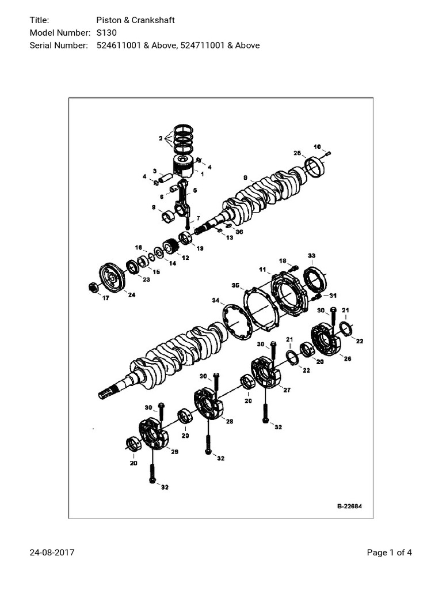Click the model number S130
click(x=106, y=33)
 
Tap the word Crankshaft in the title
click(x=154, y=21)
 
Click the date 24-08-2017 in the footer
click(x=52, y=553)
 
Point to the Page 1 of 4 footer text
click(x=389, y=553)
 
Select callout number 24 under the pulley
click(x=132, y=295)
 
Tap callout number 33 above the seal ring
click(x=311, y=255)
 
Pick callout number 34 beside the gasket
click(x=215, y=300)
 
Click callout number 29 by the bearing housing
click(x=175, y=452)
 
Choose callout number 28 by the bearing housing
click(x=229, y=422)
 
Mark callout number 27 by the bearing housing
click(x=287, y=390)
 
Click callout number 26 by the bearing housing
click(x=347, y=358)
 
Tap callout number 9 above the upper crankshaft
click(x=245, y=177)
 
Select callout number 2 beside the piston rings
click(x=161, y=138)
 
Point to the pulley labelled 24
click(x=112, y=278)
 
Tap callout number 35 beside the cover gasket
click(x=235, y=285)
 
